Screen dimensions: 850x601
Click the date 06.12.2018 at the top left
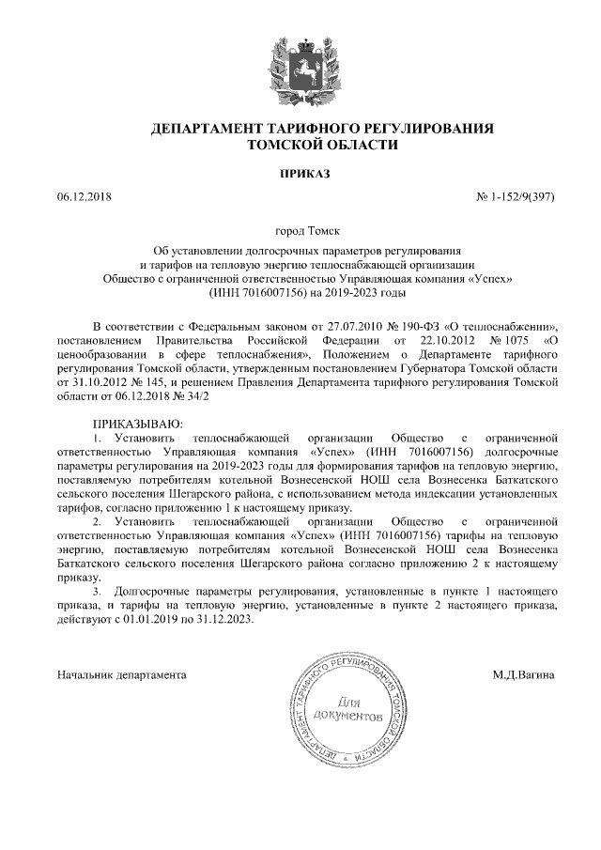(85, 195)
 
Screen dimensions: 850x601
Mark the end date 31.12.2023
(226, 622)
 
